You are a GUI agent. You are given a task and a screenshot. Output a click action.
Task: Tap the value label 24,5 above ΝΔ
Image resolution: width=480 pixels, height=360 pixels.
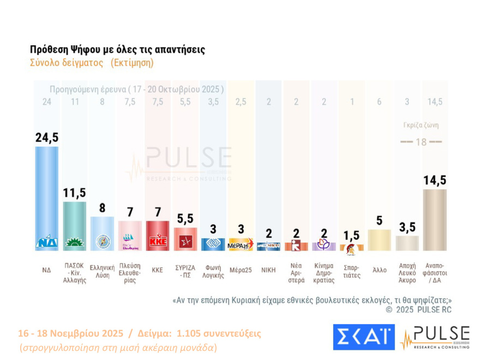[x=46, y=138]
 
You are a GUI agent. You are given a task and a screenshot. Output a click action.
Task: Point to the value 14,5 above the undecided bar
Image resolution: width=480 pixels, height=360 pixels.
[x=435, y=181]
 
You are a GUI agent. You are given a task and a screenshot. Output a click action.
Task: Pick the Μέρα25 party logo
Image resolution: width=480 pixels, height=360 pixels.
[x=241, y=244]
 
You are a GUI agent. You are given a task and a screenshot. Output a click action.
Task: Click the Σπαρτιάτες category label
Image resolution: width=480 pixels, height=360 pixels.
[x=352, y=271]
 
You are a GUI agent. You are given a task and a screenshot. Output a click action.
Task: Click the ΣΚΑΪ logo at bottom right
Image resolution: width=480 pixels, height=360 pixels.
[x=363, y=337]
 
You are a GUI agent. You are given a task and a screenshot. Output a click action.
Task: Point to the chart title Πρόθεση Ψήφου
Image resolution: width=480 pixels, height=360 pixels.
[x=117, y=50]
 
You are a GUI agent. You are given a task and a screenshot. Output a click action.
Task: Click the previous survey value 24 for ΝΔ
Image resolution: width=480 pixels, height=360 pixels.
[x=46, y=101]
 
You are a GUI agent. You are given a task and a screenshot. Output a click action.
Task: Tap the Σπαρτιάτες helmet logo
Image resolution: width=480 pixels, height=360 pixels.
[x=352, y=247]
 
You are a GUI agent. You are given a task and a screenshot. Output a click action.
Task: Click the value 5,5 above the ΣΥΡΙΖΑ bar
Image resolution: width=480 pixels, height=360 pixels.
[x=185, y=219]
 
